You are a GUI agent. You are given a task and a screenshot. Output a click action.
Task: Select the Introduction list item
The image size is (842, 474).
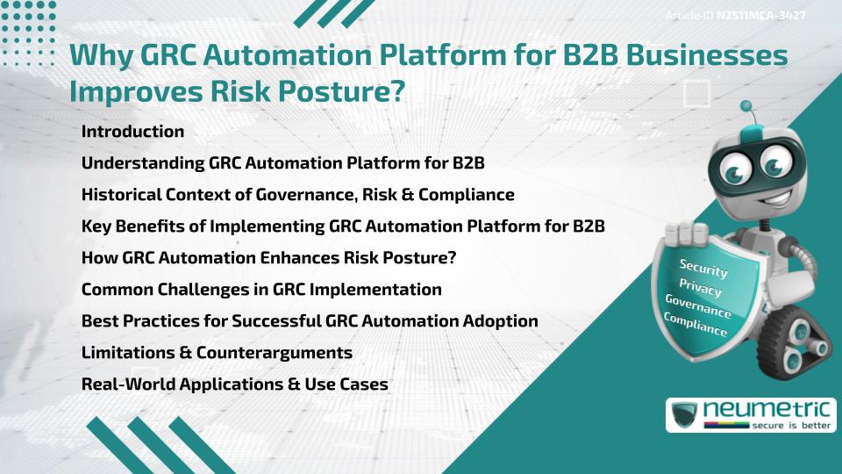tap(132, 132)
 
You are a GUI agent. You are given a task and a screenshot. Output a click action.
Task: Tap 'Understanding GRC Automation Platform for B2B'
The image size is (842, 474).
tap(283, 163)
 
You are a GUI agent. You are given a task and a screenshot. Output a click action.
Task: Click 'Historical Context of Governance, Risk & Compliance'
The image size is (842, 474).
tap(297, 195)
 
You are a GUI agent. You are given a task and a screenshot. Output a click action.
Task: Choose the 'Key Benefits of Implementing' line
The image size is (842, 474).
tap(343, 226)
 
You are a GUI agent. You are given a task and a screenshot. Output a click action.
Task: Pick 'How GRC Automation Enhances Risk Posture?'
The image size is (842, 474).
tap(268, 258)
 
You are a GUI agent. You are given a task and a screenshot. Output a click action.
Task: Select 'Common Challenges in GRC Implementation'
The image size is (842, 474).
tap(261, 289)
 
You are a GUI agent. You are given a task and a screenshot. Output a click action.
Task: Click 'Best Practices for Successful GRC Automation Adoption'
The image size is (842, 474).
tap(310, 321)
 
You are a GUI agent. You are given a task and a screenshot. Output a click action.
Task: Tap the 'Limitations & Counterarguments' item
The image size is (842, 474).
tap(217, 353)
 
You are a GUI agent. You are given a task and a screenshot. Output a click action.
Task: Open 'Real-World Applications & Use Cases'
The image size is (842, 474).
tap(234, 384)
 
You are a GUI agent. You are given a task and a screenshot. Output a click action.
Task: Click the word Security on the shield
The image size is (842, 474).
tap(703, 269)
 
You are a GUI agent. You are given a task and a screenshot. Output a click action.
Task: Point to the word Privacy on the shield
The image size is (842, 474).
tap(703, 287)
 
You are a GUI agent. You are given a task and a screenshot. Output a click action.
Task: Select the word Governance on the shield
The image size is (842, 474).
tap(698, 306)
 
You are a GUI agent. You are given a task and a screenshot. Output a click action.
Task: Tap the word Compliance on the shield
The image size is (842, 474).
tap(696, 325)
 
